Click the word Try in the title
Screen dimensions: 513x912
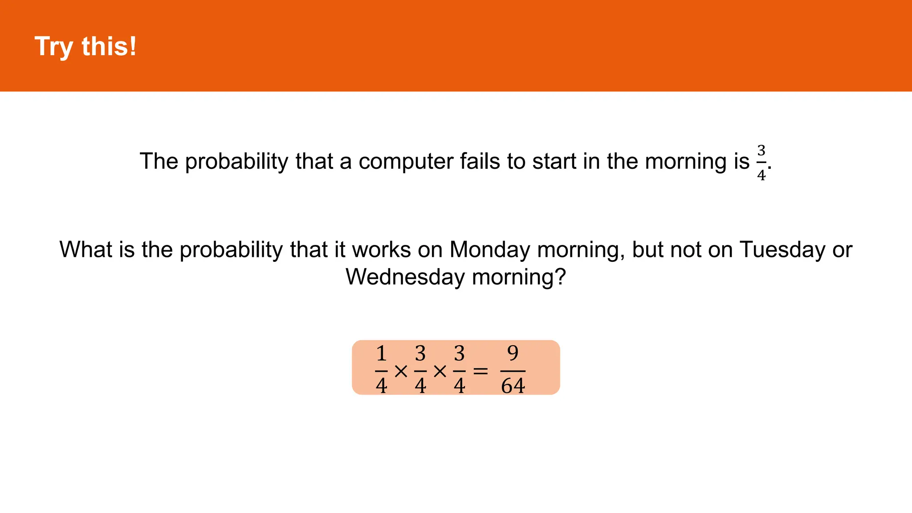click(54, 47)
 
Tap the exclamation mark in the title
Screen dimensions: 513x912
click(132, 46)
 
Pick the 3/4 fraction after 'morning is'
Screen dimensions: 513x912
click(761, 163)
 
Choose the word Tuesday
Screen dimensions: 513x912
click(782, 249)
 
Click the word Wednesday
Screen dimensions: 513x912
click(405, 277)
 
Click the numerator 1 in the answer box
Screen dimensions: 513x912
click(381, 354)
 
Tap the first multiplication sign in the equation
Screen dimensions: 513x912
click(401, 371)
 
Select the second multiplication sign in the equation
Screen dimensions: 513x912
click(440, 371)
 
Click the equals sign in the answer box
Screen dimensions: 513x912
click(480, 371)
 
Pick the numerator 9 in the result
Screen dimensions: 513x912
click(513, 354)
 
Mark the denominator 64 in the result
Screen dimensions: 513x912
click(513, 386)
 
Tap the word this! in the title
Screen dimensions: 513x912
click(109, 46)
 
